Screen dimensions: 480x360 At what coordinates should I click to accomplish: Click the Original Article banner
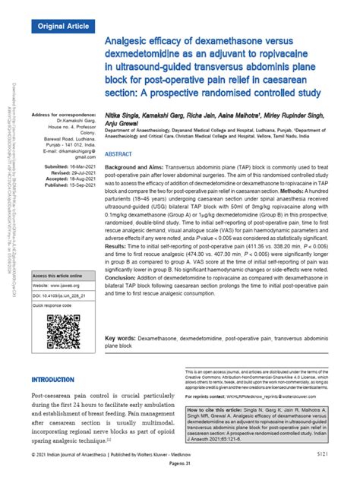62,24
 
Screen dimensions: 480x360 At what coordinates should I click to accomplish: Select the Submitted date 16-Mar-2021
68,165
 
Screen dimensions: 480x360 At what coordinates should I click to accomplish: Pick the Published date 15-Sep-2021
68,183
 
